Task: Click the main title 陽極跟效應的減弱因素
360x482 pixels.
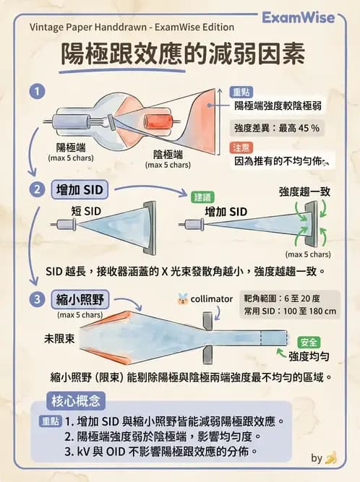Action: click(x=173, y=55)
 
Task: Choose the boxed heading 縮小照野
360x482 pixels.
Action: click(x=82, y=299)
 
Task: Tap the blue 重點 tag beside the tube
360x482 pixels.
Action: click(x=241, y=92)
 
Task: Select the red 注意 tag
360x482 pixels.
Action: click(x=241, y=147)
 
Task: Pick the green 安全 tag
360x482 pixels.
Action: click(x=309, y=342)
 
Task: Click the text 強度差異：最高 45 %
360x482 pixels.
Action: click(x=276, y=127)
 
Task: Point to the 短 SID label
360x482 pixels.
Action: click(x=85, y=210)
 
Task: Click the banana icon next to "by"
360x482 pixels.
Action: click(x=332, y=458)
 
